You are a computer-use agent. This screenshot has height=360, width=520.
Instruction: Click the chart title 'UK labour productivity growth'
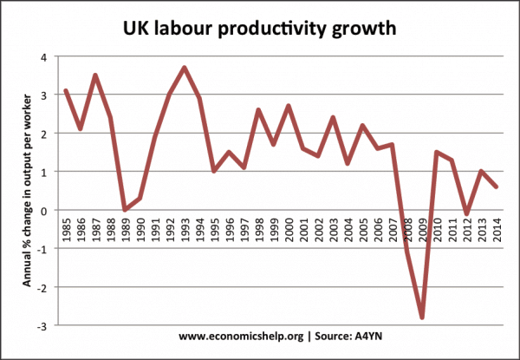point(260,28)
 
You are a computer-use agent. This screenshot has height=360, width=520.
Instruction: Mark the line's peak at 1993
point(184,68)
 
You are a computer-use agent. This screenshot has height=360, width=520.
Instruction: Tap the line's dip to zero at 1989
point(125,209)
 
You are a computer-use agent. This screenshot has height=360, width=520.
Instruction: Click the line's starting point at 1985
point(67,90)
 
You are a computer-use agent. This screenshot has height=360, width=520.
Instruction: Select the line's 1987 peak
point(95,75)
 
